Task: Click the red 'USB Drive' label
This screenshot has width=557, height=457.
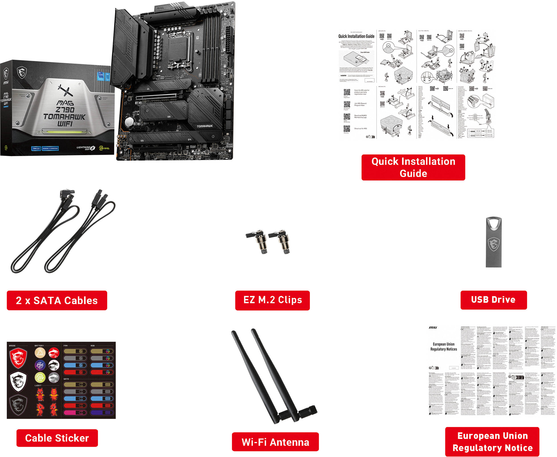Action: pos(493,300)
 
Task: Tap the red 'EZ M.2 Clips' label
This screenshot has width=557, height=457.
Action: pos(272,300)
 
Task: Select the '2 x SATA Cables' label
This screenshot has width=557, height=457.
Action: pos(57,300)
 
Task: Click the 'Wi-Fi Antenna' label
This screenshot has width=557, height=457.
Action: pos(275,442)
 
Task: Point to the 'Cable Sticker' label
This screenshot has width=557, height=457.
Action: pos(57,438)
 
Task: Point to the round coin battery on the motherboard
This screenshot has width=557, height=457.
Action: pos(130,121)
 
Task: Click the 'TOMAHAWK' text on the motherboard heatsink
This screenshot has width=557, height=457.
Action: pos(205,126)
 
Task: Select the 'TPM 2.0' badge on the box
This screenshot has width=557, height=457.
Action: pos(36,148)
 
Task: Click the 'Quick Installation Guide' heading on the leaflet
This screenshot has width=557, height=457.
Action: pos(356,36)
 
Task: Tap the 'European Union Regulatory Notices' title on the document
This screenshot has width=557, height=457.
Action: pos(443,347)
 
